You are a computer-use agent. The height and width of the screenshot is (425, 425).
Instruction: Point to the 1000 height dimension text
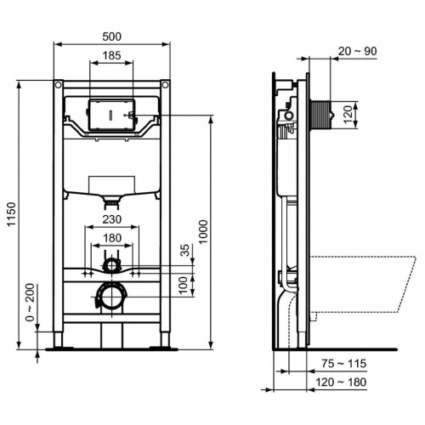pyautogui.click(x=202, y=229)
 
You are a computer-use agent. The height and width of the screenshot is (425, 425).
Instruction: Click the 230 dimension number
pyautogui.click(x=108, y=219)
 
